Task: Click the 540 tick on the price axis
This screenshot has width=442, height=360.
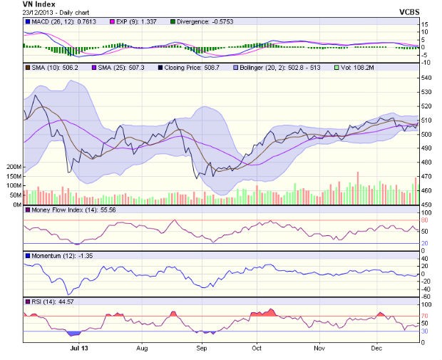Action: pos(426,78)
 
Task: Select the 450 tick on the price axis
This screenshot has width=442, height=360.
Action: pos(426,205)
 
